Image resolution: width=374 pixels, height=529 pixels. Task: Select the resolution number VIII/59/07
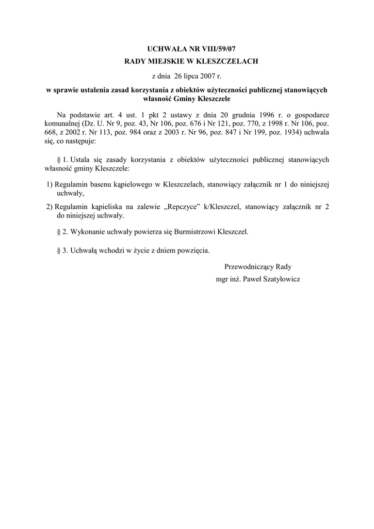[x=206, y=50]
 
